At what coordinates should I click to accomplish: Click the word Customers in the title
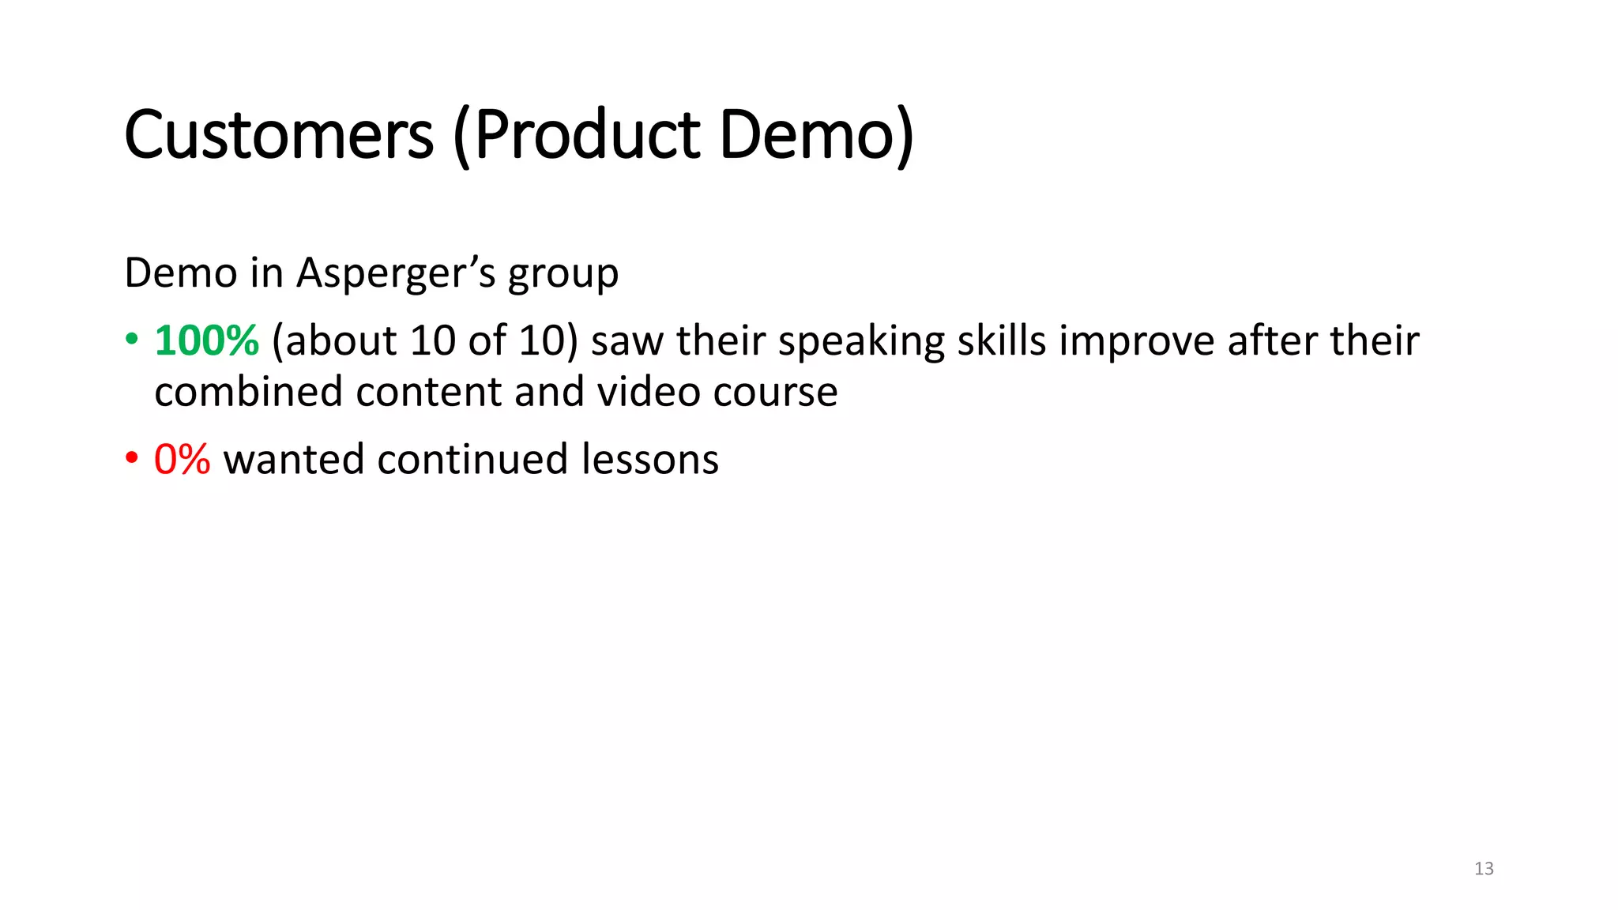coord(279,136)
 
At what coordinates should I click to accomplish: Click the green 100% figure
coord(206,341)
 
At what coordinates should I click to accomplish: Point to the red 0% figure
coord(182,460)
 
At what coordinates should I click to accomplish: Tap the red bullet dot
coord(132,459)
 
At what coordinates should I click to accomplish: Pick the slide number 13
coord(1484,869)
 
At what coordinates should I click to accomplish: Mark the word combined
coord(248,393)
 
